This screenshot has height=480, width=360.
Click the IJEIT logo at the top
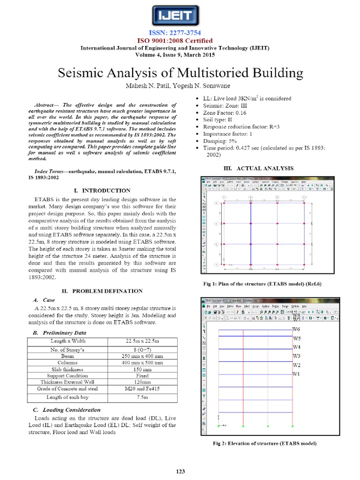tap(180, 17)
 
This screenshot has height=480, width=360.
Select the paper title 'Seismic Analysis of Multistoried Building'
tap(180, 73)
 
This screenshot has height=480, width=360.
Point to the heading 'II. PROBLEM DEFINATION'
tap(102, 291)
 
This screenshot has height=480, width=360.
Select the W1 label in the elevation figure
tap(296, 374)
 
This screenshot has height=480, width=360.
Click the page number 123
tap(180, 471)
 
